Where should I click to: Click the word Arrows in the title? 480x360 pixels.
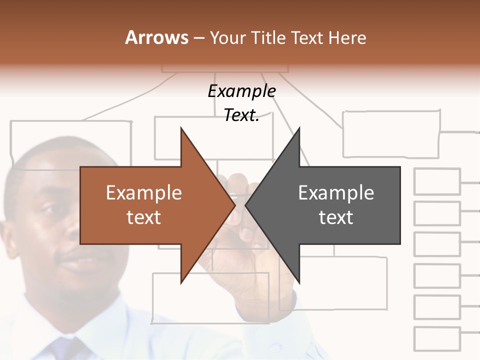(x=156, y=37)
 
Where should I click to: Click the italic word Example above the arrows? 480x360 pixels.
(x=241, y=91)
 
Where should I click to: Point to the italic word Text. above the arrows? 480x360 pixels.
(x=241, y=115)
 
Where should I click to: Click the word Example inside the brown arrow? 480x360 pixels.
(x=143, y=192)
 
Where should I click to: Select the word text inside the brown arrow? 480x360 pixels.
(x=143, y=217)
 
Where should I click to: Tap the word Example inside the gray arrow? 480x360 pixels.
(x=336, y=192)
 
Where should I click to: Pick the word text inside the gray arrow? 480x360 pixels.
(x=336, y=217)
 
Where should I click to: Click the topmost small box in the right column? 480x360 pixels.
(x=437, y=181)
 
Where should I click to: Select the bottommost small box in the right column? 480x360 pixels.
(x=437, y=339)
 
